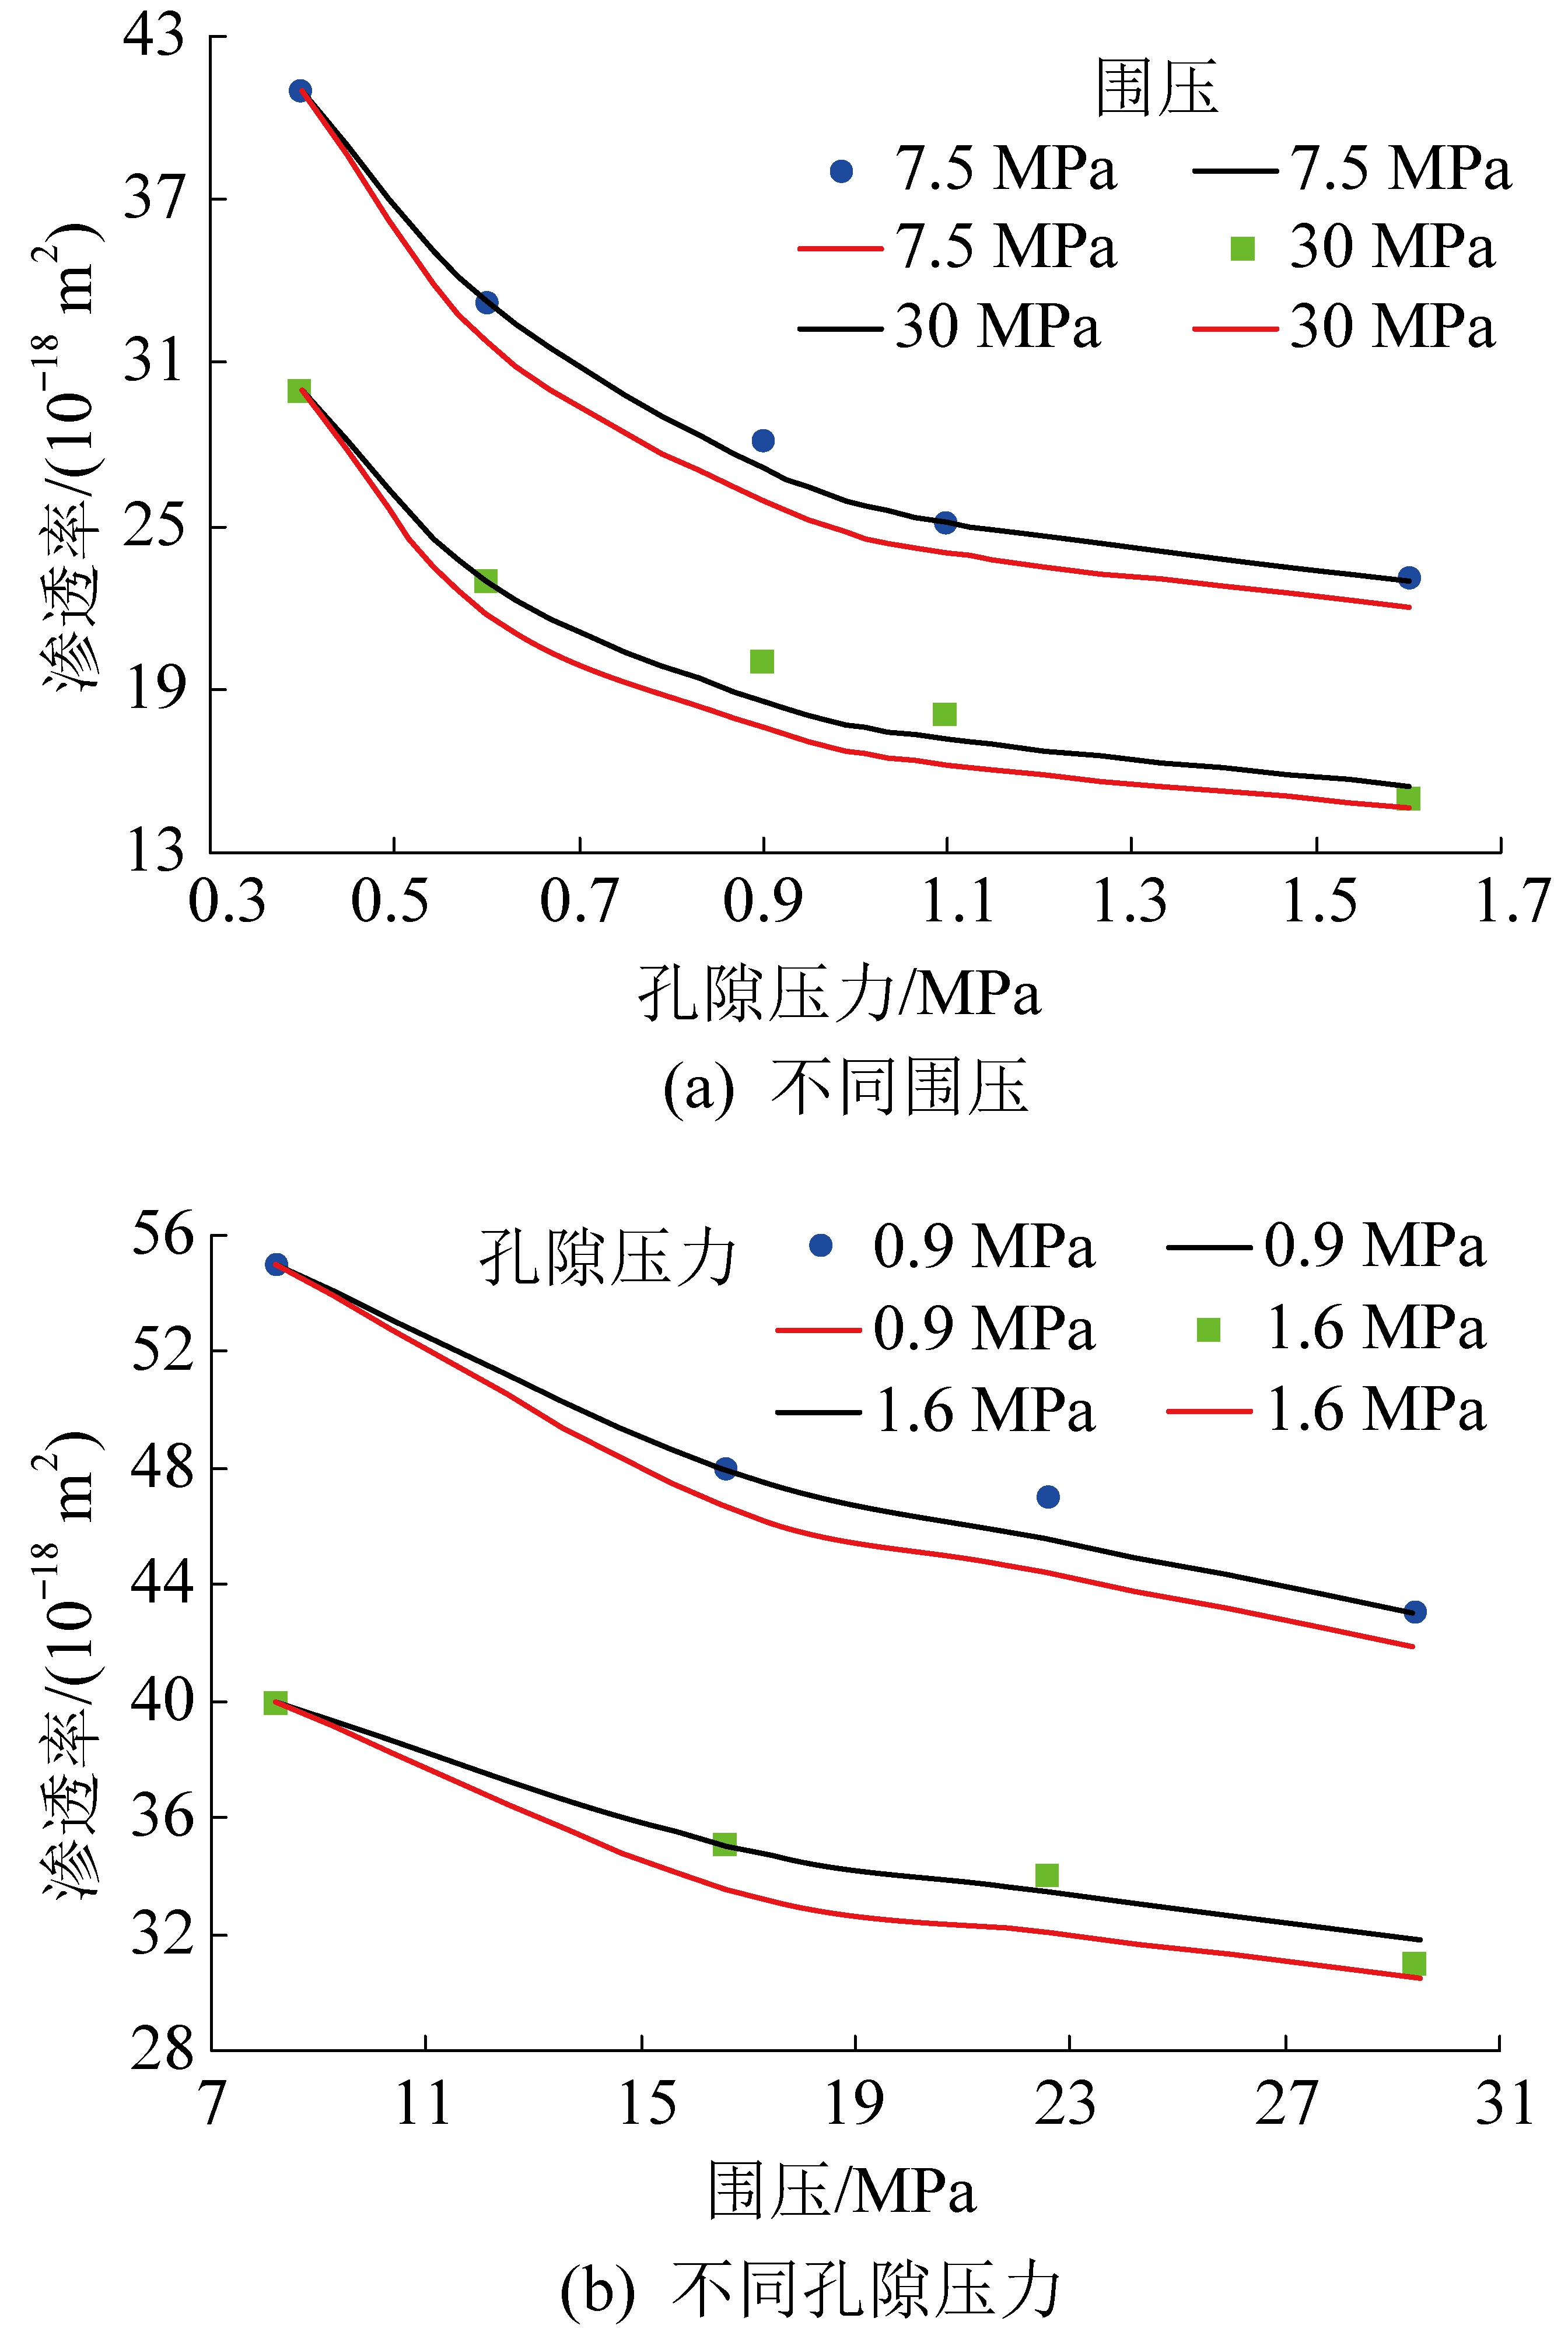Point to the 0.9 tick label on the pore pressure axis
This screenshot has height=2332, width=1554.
(x=762, y=900)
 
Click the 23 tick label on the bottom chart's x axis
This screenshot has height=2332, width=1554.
(x=1065, y=2103)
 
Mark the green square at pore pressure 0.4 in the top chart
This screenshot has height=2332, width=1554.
(x=299, y=390)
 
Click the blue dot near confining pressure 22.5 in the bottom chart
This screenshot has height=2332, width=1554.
(x=1048, y=1497)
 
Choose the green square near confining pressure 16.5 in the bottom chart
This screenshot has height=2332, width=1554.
(x=724, y=1843)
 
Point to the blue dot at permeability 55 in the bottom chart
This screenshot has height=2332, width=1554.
(x=276, y=1264)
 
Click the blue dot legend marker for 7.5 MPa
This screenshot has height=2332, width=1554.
(x=841, y=171)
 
